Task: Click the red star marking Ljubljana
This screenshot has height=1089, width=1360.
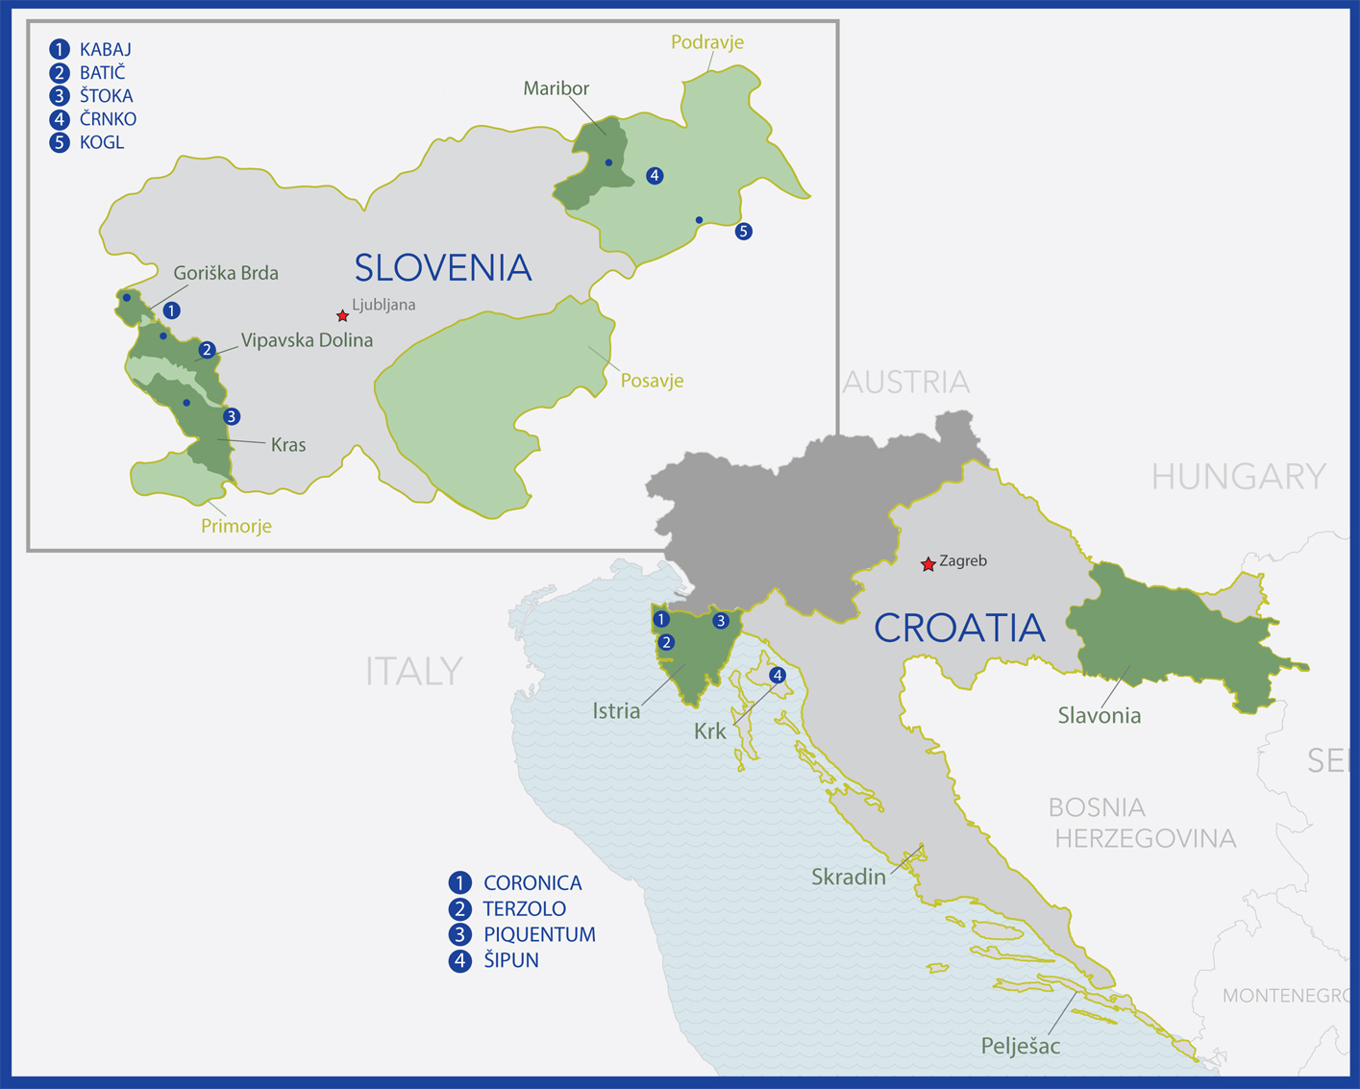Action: [342, 316]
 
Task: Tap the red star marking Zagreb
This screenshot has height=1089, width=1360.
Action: [927, 564]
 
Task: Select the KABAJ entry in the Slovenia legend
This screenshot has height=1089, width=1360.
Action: [91, 49]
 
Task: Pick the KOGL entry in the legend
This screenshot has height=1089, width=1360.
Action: [87, 142]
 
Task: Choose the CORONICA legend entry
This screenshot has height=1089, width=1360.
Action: [516, 882]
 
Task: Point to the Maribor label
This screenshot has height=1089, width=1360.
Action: [556, 88]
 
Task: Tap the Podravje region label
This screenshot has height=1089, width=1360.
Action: [707, 42]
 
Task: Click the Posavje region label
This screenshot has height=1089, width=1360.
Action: [652, 381]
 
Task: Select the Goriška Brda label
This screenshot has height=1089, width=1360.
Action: [226, 273]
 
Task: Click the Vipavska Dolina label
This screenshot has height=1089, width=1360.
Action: [307, 340]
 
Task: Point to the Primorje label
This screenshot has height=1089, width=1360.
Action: [236, 526]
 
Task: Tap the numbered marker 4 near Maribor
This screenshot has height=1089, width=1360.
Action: [655, 176]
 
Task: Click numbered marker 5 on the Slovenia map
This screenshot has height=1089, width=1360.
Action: [743, 232]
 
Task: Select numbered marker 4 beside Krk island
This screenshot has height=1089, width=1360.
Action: [778, 676]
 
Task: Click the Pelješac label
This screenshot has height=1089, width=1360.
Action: [1020, 1046]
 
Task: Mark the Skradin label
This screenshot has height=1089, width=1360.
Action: [849, 877]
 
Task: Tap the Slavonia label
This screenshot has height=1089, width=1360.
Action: [1099, 715]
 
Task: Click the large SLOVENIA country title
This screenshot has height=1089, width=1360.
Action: [443, 267]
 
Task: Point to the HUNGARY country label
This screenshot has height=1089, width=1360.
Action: [1238, 476]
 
